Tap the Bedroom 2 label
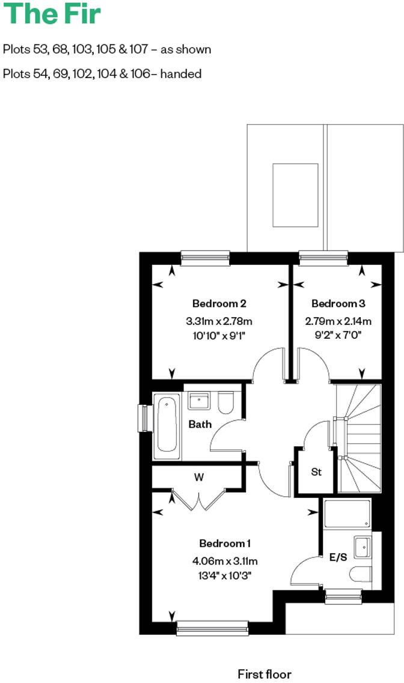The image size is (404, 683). (x=219, y=303)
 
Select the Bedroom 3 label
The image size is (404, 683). (x=338, y=303)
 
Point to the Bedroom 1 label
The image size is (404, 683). (x=225, y=544)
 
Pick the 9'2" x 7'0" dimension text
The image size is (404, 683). (x=338, y=335)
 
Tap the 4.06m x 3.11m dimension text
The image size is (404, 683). (x=225, y=561)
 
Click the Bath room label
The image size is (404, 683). (x=200, y=424)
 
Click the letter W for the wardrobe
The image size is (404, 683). (x=198, y=478)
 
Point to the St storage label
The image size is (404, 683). (x=316, y=472)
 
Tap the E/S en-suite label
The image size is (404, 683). (x=338, y=557)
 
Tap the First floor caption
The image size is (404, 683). (x=265, y=674)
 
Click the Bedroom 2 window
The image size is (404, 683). (x=206, y=258)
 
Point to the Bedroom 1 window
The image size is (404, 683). (x=212, y=628)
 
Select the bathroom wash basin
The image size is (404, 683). (x=199, y=401)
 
